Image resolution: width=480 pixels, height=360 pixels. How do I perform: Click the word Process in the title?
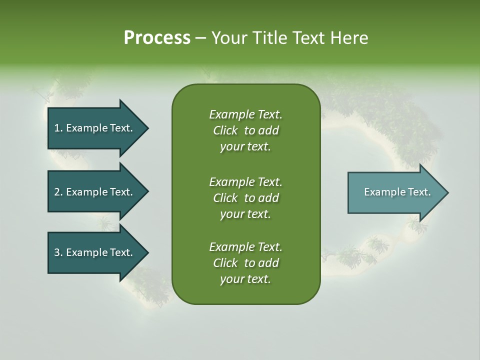click(157, 38)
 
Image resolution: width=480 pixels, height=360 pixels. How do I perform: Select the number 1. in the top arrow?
click(58, 128)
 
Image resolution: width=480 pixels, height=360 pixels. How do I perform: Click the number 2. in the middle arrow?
click(58, 192)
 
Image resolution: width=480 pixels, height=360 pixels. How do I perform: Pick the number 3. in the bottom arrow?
click(58, 252)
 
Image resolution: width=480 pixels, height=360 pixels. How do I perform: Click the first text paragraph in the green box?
click(245, 130)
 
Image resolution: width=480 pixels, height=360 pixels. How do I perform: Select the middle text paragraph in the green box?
click(245, 197)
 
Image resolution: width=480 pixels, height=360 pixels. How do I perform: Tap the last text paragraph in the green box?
click(245, 263)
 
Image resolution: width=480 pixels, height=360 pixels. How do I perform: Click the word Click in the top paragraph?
click(225, 130)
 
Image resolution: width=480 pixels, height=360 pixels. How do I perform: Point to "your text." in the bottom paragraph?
click(245, 279)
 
